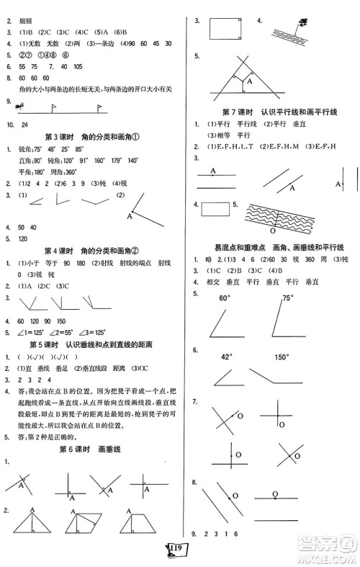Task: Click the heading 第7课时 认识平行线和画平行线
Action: tap(270, 112)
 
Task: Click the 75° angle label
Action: tap(289, 298)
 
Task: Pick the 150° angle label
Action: tap(282, 357)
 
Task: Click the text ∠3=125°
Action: tap(94, 333)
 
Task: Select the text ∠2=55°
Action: tap(61, 333)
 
